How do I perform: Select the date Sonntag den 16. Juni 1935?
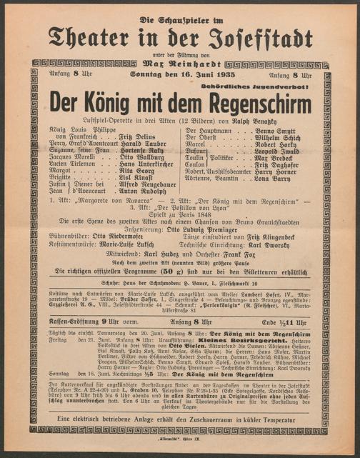pyautogui.click(x=179, y=76)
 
